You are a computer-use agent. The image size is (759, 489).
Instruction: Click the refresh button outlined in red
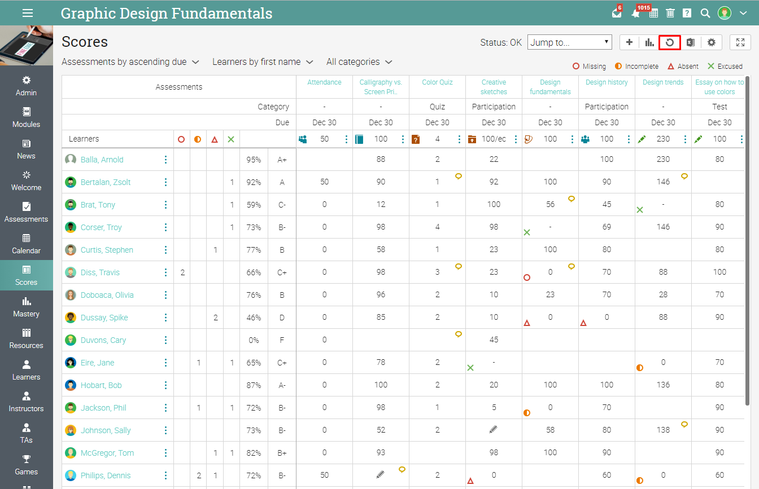670,42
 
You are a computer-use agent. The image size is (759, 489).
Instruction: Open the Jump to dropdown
569,42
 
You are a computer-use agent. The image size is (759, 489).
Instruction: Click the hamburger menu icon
27,13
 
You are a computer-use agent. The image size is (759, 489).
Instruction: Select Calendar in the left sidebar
27,244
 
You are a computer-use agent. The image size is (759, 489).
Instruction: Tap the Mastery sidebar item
27,307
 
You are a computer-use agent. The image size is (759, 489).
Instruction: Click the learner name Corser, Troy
101,227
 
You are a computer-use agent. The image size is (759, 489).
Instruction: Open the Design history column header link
607,82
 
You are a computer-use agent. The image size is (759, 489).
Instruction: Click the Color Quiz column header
437,82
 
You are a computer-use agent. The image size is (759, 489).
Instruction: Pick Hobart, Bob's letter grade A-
282,385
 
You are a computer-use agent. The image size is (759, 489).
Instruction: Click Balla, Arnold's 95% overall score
254,160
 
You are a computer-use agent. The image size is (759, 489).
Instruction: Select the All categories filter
359,62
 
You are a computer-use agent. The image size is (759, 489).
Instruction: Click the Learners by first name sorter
262,62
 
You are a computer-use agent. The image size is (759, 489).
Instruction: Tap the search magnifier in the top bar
705,13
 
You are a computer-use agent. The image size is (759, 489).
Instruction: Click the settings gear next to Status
711,42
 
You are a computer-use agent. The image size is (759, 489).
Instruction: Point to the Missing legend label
594,67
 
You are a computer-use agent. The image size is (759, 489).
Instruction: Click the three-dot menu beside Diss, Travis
165,272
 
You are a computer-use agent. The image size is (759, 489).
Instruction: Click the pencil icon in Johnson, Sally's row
494,430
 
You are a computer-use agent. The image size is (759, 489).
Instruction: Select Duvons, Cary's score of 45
494,340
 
